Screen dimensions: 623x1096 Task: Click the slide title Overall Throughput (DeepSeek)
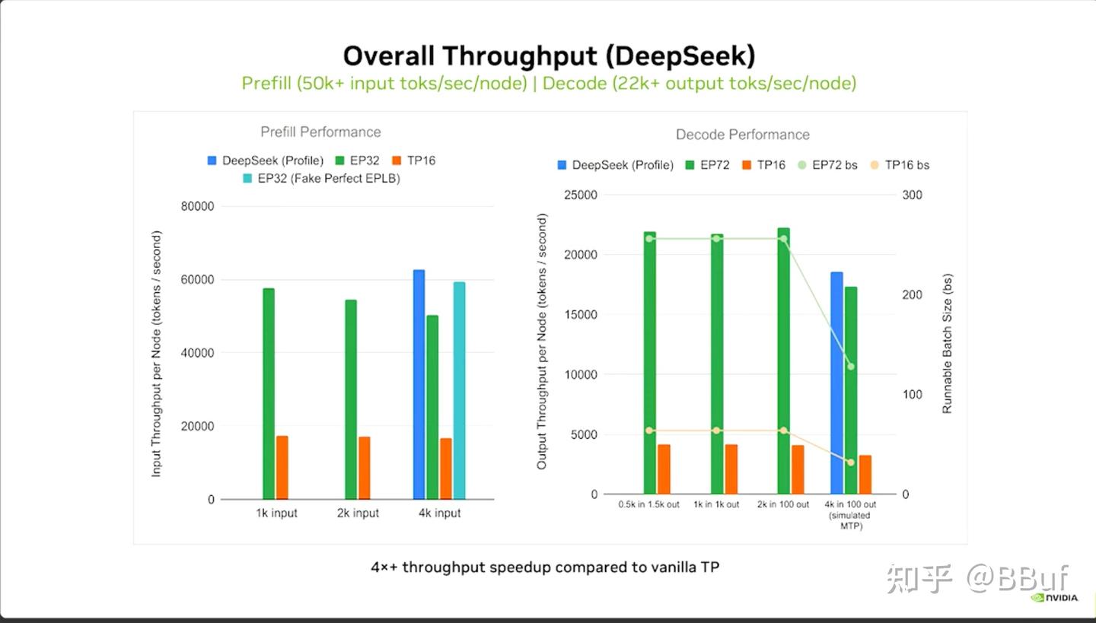(548, 56)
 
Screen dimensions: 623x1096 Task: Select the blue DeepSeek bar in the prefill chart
(419, 384)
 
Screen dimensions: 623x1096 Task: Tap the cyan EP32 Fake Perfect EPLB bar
(459, 390)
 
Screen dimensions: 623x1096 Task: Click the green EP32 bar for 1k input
(269, 393)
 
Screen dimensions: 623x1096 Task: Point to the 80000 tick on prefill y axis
(197, 206)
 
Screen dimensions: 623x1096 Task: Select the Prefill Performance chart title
(320, 132)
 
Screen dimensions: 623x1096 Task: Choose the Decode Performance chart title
(742, 135)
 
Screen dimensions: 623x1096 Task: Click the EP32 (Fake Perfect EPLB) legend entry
(321, 179)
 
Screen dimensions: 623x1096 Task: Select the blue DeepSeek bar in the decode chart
(836, 383)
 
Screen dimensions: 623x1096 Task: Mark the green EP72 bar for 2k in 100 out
(783, 361)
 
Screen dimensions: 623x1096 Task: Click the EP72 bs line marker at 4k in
(850, 367)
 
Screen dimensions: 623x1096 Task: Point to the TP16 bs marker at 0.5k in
(648, 431)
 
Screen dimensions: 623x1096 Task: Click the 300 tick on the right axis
(911, 195)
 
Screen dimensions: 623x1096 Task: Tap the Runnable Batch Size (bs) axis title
(947, 344)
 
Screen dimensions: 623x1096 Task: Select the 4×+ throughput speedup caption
(545, 567)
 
